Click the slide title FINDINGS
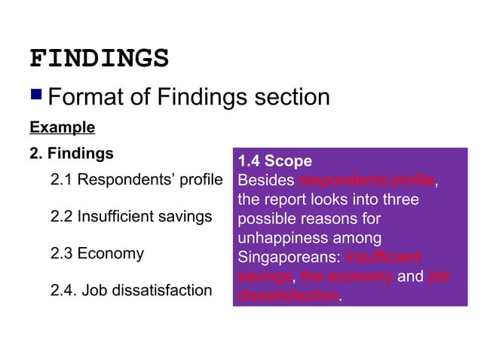[x=99, y=59]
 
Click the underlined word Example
[x=62, y=127]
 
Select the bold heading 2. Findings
[x=71, y=154]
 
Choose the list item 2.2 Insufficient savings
[x=130, y=217]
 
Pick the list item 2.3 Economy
[x=97, y=253]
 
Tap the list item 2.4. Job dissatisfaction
[x=130, y=289]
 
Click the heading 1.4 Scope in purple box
[x=274, y=161]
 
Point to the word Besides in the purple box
[x=266, y=181]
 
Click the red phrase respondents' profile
[x=366, y=181]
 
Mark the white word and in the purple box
[x=410, y=277]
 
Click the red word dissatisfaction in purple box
[x=287, y=296]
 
